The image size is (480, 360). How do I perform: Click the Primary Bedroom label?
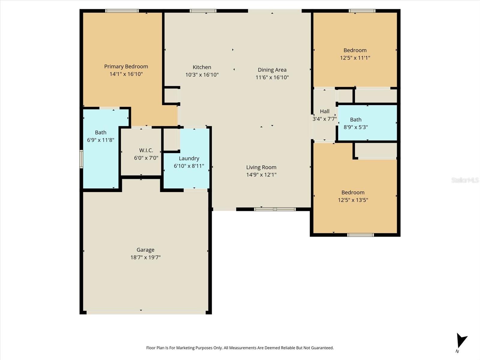point(126,66)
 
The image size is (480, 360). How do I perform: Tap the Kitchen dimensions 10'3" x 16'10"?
point(202,75)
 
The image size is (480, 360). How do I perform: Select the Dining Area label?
point(272,70)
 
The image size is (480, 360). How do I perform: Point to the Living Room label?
point(261,167)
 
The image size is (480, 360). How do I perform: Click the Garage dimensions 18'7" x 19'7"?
point(145,257)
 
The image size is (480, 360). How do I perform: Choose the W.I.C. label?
point(146,150)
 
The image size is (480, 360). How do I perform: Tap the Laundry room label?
point(189,158)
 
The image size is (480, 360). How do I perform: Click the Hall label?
point(325,111)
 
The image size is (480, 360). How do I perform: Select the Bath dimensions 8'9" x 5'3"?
point(355,127)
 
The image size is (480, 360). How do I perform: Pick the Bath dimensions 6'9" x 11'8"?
point(100,140)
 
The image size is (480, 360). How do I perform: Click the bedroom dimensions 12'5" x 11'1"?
point(355,58)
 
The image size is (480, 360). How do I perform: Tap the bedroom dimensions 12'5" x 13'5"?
point(353,200)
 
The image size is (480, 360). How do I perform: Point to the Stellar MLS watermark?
point(465,180)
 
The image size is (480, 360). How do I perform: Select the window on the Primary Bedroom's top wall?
point(122,11)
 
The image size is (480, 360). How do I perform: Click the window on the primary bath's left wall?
point(81,159)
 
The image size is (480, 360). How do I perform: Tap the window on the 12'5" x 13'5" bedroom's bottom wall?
point(360,235)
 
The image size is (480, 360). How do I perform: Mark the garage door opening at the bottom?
point(146,313)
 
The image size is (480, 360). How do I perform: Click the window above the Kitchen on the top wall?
point(203,11)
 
